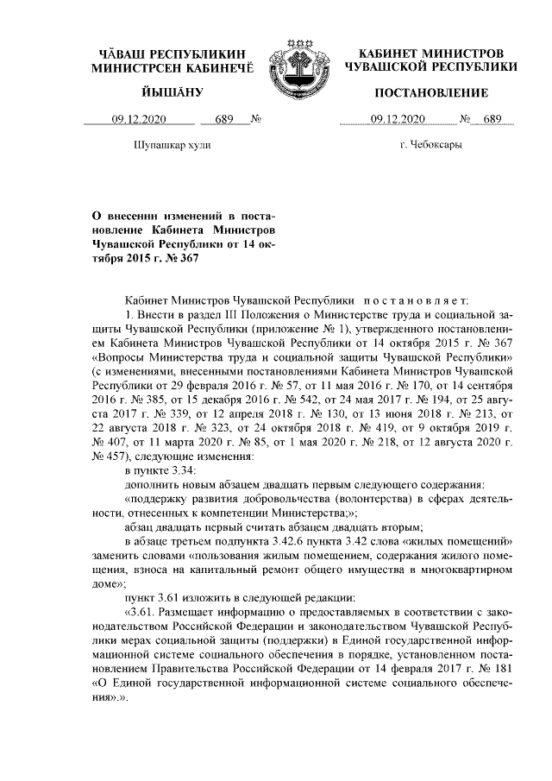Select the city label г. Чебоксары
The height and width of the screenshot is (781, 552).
(x=431, y=145)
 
